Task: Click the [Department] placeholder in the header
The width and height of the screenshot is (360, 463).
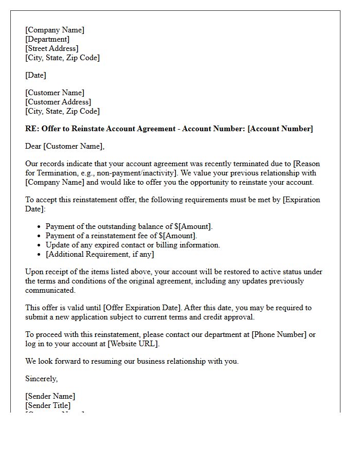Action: pos(47,39)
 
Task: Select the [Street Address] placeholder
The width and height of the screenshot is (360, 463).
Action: pos(52,48)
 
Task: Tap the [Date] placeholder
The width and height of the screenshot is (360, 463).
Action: pos(35,75)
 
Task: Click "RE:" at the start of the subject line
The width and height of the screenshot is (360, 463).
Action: pos(31,129)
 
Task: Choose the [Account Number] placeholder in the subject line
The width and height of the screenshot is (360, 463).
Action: pos(280,129)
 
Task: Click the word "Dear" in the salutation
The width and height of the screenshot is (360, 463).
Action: pos(33,146)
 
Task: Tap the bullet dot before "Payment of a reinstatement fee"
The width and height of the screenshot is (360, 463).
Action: pos(40,236)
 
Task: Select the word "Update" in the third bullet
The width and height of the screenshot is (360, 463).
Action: pos(58,245)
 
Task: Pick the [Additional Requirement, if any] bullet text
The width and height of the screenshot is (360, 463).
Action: pos(100,254)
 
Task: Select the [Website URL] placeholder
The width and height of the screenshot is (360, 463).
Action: pos(133,344)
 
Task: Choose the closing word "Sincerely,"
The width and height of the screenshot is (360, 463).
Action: pos(42,379)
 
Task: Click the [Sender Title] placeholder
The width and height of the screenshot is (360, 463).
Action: pos(48,405)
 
